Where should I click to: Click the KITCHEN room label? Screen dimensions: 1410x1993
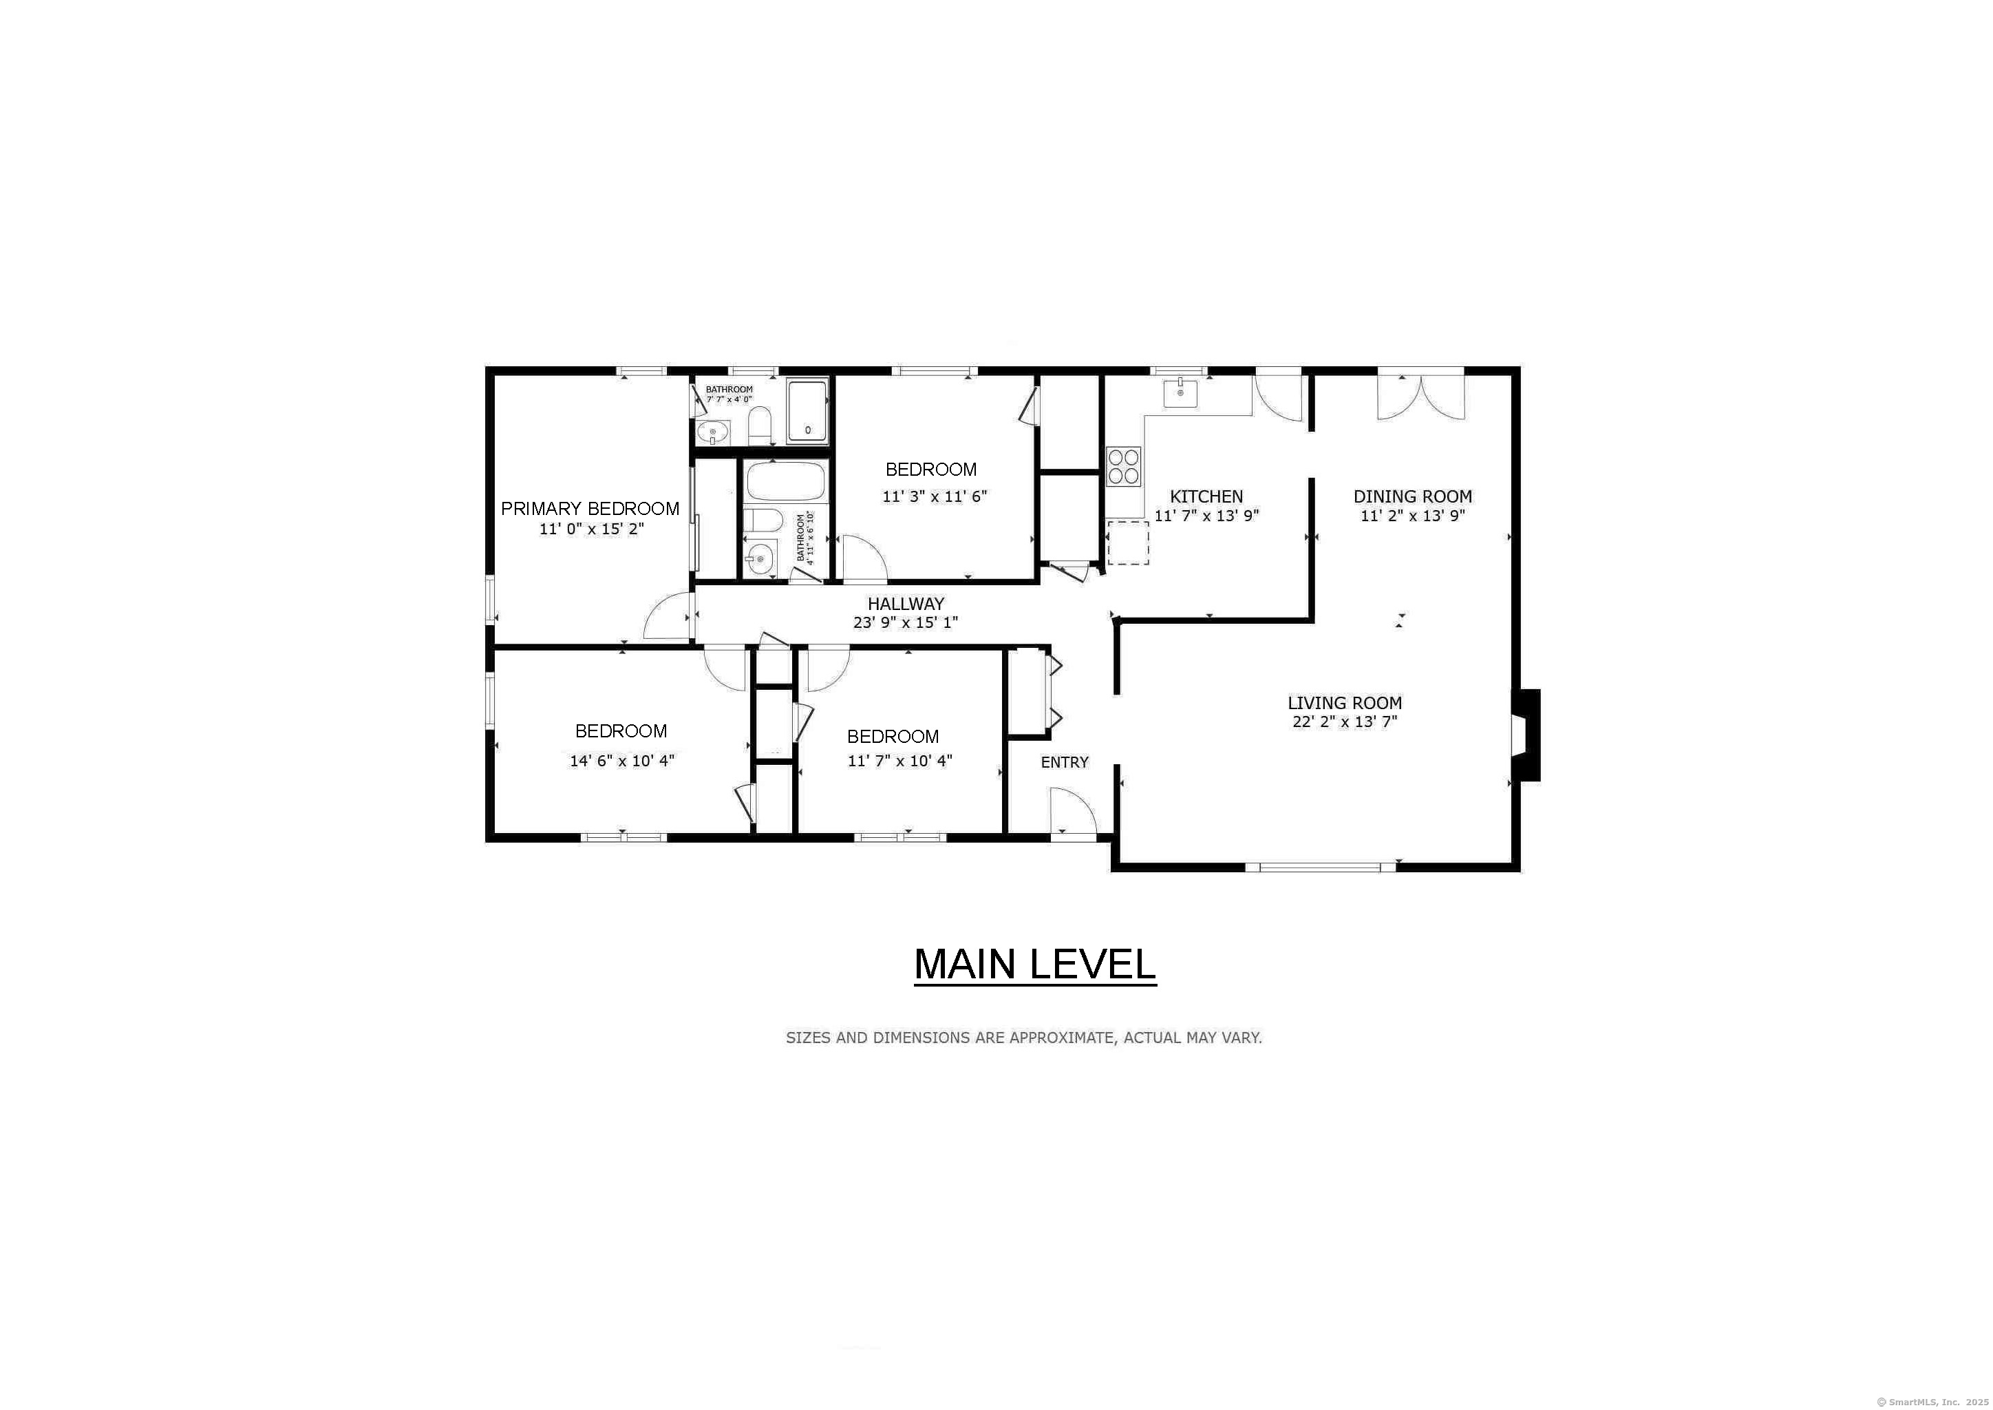click(x=1206, y=496)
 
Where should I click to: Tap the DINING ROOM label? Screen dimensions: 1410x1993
click(x=1412, y=496)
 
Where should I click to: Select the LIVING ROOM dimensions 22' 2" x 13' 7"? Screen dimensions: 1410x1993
click(x=1345, y=722)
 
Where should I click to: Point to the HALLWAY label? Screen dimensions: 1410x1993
click(x=906, y=603)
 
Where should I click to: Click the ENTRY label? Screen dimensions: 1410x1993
click(x=1064, y=762)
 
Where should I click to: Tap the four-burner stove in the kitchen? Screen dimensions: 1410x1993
click(x=1123, y=465)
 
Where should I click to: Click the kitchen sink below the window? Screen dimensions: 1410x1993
click(x=1180, y=392)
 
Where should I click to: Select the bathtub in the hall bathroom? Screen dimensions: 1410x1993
click(x=785, y=481)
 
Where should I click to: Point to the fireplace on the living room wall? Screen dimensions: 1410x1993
click(x=1525, y=735)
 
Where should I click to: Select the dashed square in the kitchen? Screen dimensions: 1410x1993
click(x=1127, y=543)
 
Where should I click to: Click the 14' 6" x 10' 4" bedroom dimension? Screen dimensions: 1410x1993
click(x=621, y=761)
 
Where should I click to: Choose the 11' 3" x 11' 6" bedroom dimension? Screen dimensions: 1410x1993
click(x=934, y=496)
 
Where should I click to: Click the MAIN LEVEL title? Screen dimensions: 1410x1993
click(x=1034, y=965)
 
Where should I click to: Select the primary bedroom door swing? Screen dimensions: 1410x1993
click(x=668, y=618)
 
